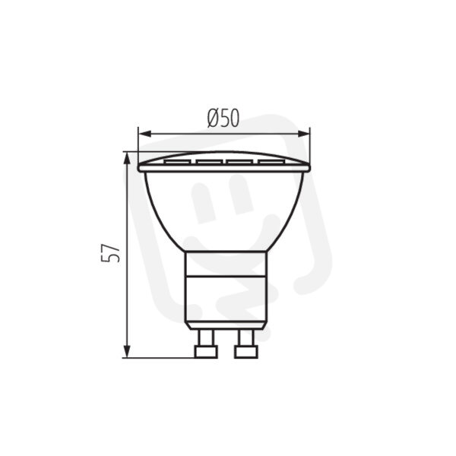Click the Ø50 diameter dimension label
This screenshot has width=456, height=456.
click(x=223, y=119)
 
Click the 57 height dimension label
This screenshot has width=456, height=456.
click(x=110, y=253)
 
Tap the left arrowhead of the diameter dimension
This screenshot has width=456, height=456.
click(x=145, y=134)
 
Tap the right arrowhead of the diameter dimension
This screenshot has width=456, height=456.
click(x=303, y=134)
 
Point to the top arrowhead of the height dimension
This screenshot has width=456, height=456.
click(x=127, y=159)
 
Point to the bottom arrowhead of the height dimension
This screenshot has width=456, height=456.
click(x=127, y=351)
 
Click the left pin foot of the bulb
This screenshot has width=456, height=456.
click(x=206, y=352)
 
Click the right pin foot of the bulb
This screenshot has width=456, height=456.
click(x=246, y=352)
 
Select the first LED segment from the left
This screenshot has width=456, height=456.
click(x=178, y=162)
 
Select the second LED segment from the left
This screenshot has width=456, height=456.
click(x=209, y=162)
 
